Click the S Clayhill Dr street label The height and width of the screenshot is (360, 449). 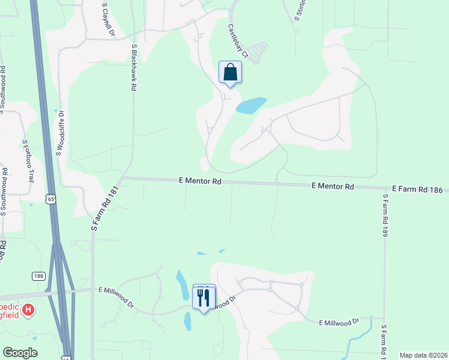(x=107, y=20)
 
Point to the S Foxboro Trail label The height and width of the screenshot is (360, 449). (x=28, y=161)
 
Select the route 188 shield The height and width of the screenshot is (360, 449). (x=39, y=275)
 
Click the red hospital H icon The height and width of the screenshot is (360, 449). (x=28, y=310)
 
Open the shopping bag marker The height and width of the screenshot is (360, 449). (x=230, y=73)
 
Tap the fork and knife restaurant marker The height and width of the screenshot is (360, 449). (x=203, y=296)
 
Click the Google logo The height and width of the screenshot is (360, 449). (x=20, y=353)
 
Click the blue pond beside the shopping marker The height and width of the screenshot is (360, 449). (x=251, y=106)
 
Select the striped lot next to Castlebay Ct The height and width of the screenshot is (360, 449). (x=259, y=52)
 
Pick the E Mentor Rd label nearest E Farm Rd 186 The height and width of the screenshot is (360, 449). (x=333, y=187)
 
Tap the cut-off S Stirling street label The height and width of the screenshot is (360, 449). (x=297, y=11)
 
